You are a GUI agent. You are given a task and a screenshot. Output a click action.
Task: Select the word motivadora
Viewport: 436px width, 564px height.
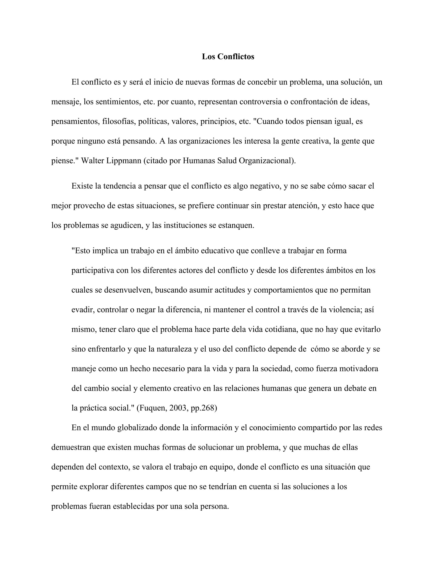pos(359,368)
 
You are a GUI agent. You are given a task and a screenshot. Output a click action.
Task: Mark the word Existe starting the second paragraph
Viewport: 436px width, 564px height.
pos(82,186)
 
